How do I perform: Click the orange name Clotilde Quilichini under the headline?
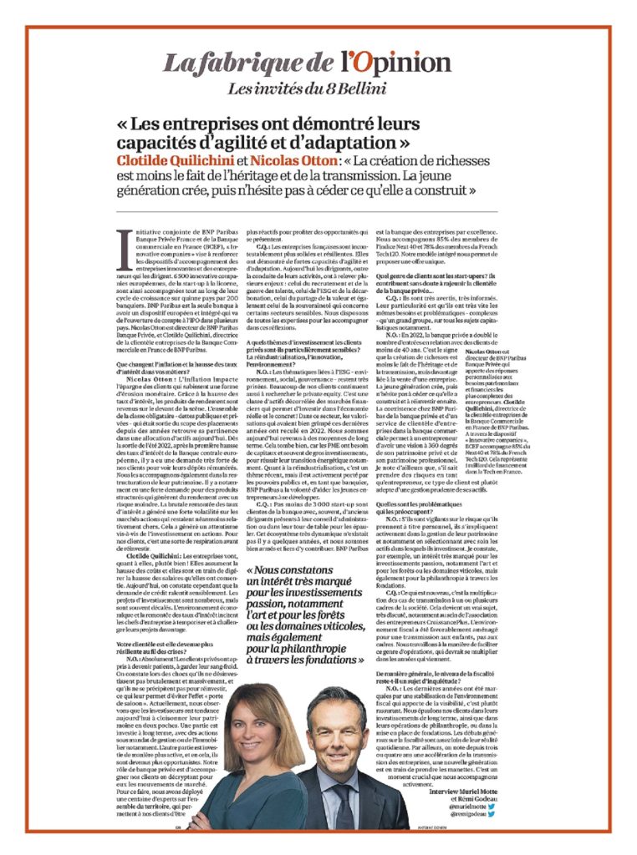click(x=175, y=159)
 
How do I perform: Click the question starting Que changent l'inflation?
click(x=165, y=365)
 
